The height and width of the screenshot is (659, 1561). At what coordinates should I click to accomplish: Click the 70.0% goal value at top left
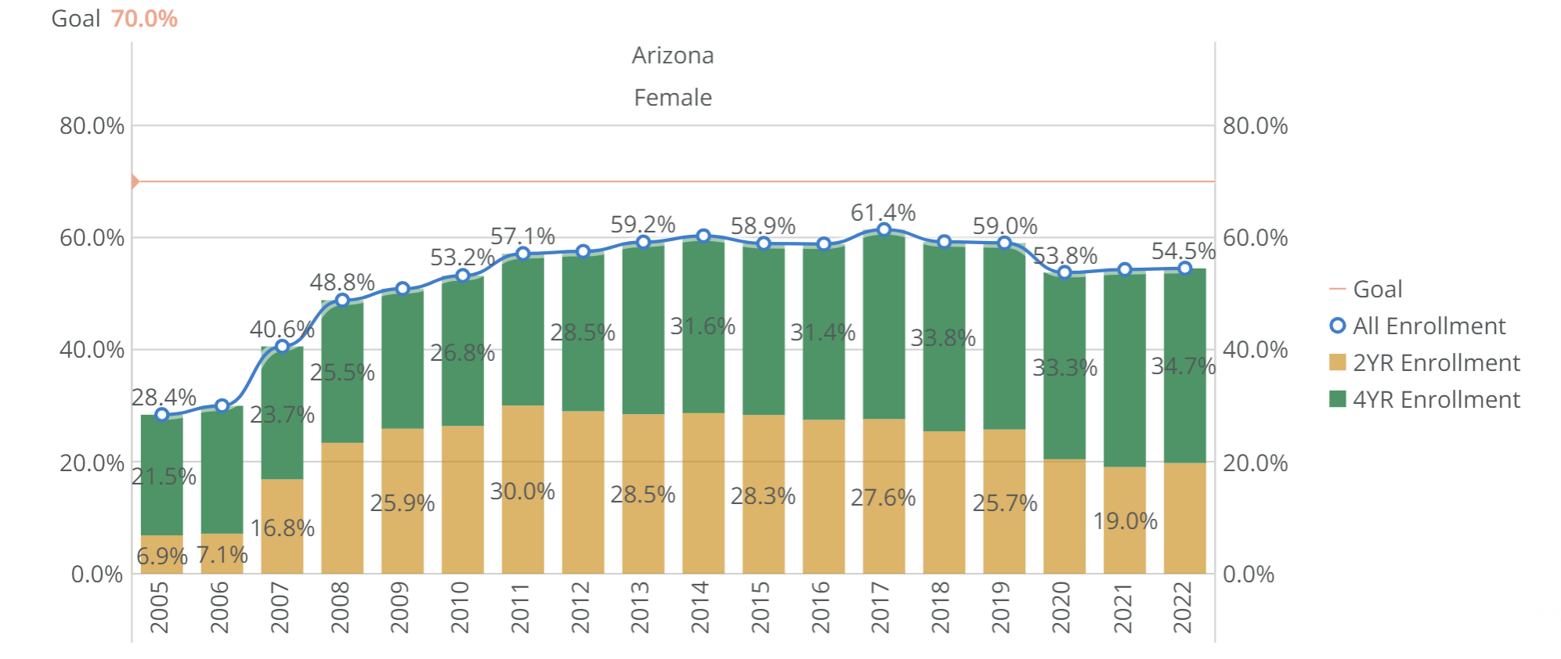click(x=144, y=18)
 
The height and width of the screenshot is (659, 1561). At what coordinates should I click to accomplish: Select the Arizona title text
click(x=672, y=56)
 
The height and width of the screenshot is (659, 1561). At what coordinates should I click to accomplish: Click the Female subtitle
click(x=672, y=98)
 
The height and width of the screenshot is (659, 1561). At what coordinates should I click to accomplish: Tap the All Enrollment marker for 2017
click(x=883, y=229)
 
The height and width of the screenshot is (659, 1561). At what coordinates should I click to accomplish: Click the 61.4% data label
click(x=883, y=212)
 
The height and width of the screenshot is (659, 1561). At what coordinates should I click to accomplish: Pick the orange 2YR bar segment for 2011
click(x=522, y=489)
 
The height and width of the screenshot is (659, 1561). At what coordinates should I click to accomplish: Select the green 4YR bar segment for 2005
click(x=161, y=475)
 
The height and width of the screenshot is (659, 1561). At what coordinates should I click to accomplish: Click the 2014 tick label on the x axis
click(x=699, y=607)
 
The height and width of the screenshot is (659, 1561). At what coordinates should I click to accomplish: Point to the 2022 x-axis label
click(x=1182, y=607)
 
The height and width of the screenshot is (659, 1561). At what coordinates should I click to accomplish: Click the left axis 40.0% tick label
click(x=92, y=350)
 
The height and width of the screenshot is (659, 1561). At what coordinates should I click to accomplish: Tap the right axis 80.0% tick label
click(x=1255, y=126)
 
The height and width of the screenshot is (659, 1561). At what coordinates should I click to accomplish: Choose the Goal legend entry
click(x=1377, y=290)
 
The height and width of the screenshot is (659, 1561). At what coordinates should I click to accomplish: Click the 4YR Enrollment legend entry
click(x=1436, y=400)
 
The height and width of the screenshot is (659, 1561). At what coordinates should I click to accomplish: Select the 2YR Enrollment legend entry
click(x=1436, y=363)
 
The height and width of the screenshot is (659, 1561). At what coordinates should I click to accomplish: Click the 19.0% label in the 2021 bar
click(x=1125, y=520)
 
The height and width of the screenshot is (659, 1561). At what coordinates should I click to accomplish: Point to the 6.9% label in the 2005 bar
click(x=161, y=556)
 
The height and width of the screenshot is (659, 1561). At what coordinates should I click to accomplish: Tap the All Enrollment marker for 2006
click(x=222, y=405)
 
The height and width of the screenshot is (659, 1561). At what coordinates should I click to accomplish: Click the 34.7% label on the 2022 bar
click(x=1183, y=366)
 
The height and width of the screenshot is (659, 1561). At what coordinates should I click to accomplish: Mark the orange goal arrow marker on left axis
click(x=135, y=182)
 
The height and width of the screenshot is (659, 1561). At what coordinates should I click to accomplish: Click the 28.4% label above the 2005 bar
click(x=163, y=397)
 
